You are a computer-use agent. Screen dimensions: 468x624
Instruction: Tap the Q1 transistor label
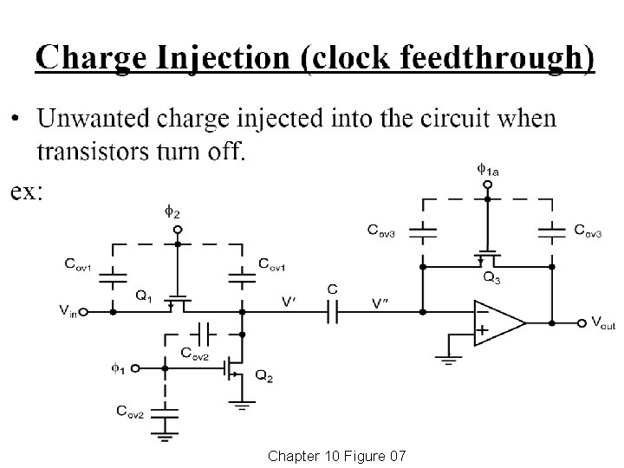click(x=146, y=295)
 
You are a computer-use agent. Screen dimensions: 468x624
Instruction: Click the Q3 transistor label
click(x=491, y=278)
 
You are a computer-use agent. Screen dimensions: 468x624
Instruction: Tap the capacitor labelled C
click(x=333, y=309)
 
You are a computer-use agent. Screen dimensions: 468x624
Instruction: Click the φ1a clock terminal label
click(x=489, y=169)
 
